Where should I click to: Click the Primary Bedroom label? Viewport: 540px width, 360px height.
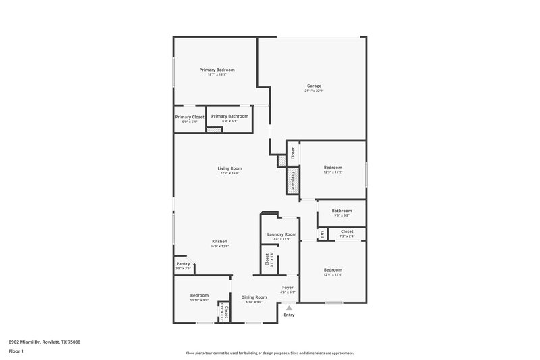[x=217, y=70]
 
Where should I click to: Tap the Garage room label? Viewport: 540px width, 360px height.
[x=314, y=86]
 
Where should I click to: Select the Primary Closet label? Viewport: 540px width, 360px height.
[x=190, y=117]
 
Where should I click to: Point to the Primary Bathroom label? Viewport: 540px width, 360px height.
[x=230, y=116]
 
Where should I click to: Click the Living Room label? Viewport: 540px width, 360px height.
[x=230, y=168]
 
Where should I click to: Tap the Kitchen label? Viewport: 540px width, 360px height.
[x=219, y=241]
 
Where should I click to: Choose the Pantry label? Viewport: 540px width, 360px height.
[x=183, y=263]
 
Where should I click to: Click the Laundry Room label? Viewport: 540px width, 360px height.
[x=281, y=234]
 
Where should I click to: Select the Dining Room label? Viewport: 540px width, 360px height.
[x=254, y=297]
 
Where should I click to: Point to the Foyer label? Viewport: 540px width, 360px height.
[x=288, y=287]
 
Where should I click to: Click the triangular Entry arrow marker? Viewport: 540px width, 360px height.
[x=289, y=308]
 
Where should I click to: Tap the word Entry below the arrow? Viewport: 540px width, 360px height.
[x=289, y=315]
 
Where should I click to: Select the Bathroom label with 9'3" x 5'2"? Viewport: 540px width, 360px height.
[x=342, y=211]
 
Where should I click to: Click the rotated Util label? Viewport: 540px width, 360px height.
[x=323, y=234]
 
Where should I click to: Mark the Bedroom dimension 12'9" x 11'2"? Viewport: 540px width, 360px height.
[x=333, y=172]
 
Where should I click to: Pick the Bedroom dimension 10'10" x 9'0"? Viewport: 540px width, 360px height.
[x=199, y=301]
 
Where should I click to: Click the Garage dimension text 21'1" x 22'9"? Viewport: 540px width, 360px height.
[x=314, y=91]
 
